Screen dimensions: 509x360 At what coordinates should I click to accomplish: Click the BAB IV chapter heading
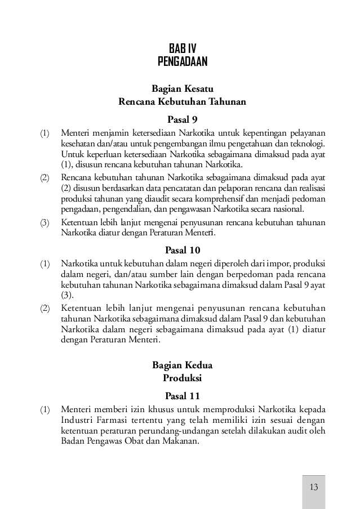183,47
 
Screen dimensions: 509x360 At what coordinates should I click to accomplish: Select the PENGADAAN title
183,60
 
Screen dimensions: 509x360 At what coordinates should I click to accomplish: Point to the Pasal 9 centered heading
183,119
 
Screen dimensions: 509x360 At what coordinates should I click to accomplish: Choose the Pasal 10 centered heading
183,249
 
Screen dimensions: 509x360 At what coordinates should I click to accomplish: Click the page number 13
314,487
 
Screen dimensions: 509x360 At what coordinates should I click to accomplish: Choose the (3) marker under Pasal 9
45,222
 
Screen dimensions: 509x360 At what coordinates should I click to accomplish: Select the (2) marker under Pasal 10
45,309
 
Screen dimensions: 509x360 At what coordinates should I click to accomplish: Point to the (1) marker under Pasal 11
45,410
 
